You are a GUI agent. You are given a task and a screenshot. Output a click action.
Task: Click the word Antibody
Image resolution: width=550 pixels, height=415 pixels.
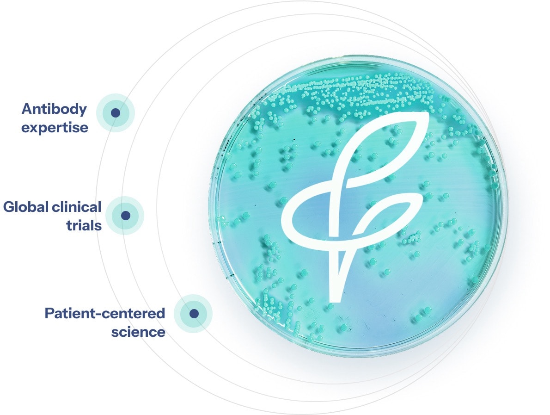(54, 110)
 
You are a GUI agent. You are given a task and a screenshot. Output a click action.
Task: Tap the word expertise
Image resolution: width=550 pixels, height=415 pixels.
(55, 128)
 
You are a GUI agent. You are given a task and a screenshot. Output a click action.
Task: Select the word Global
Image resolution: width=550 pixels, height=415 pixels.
(26, 207)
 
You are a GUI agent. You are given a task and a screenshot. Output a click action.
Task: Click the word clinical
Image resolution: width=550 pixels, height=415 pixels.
(77, 207)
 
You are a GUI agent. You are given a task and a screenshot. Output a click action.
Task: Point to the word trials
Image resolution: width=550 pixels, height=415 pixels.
(84, 225)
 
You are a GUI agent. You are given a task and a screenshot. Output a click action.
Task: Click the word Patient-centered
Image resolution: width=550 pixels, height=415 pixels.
(105, 313)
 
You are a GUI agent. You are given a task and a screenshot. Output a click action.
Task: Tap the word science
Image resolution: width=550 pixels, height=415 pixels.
(138, 332)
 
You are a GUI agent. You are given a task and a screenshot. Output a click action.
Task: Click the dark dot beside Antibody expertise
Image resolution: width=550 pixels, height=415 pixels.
(116, 113)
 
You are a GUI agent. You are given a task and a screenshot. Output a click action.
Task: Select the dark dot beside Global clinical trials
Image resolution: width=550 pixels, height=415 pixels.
(125, 215)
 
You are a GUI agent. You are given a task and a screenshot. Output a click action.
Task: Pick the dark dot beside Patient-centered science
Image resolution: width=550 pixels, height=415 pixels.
(194, 314)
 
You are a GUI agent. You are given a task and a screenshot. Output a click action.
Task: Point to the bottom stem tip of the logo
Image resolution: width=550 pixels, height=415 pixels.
(335, 300)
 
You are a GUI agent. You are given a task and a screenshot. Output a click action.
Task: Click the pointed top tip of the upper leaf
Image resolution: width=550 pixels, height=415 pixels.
(428, 114)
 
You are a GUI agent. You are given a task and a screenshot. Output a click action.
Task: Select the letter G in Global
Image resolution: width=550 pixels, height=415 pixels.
(9, 207)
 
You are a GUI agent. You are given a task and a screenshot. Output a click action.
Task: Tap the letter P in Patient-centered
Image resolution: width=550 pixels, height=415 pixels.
(50, 313)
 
